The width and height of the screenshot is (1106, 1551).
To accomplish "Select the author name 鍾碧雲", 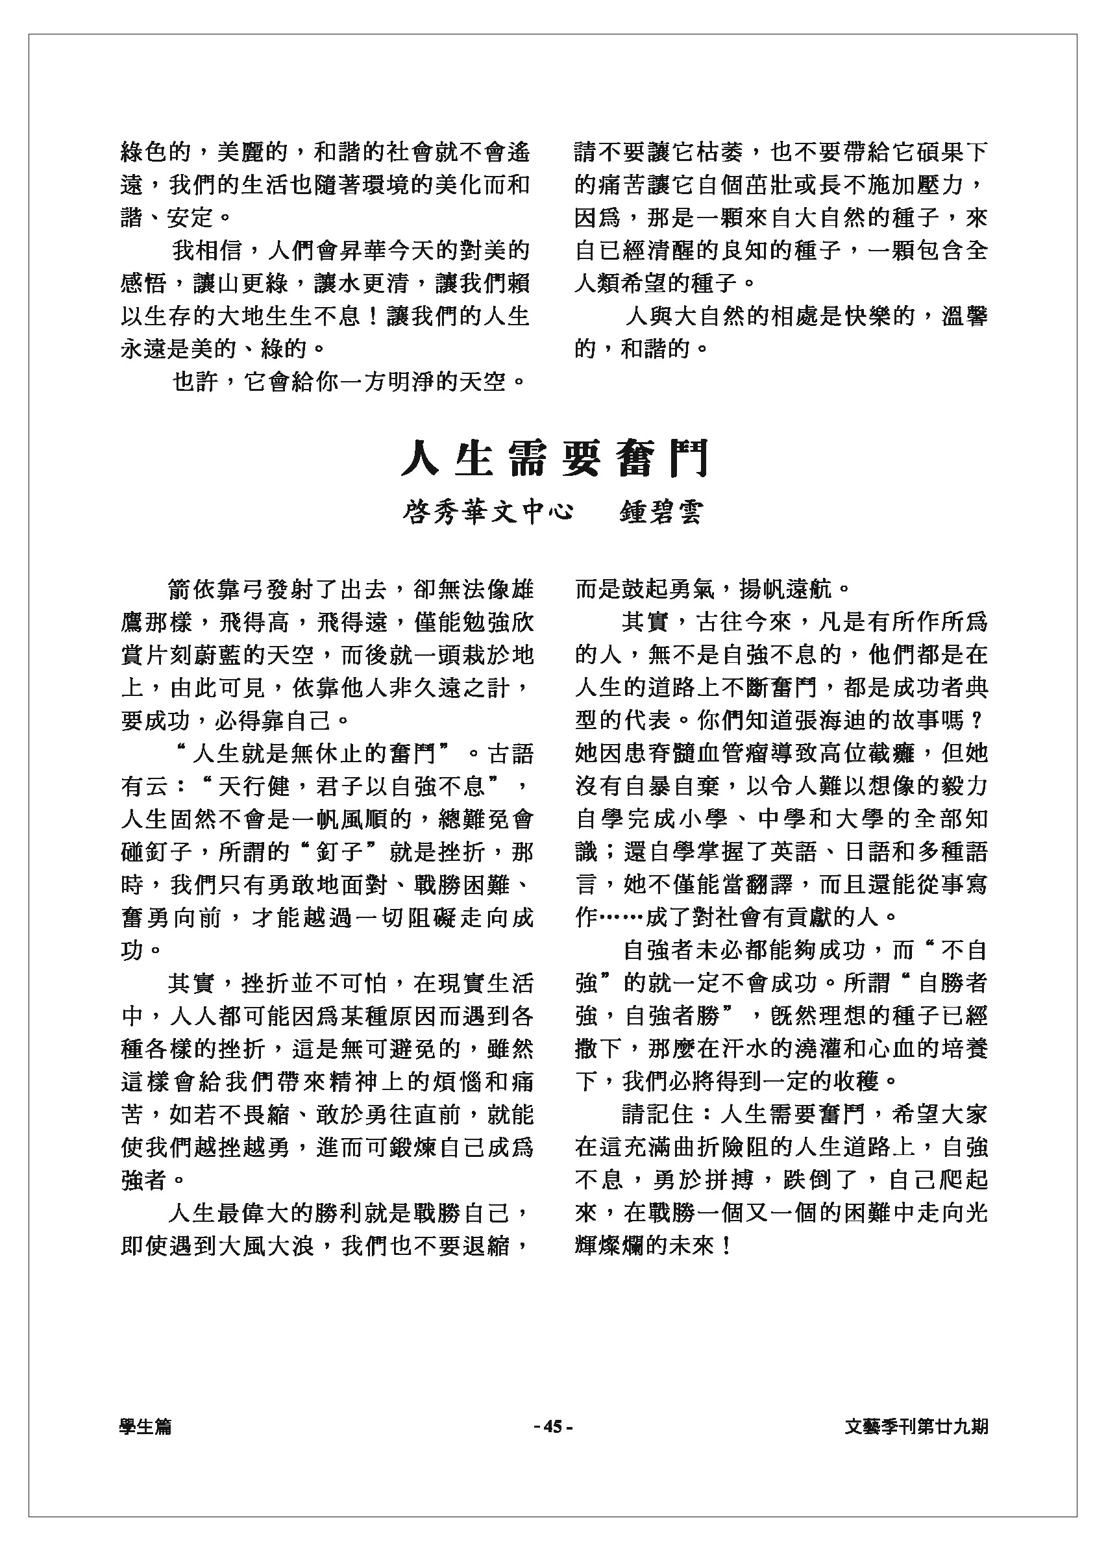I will (x=661, y=512).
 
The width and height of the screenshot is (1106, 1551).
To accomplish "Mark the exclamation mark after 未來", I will (x=728, y=1246).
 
